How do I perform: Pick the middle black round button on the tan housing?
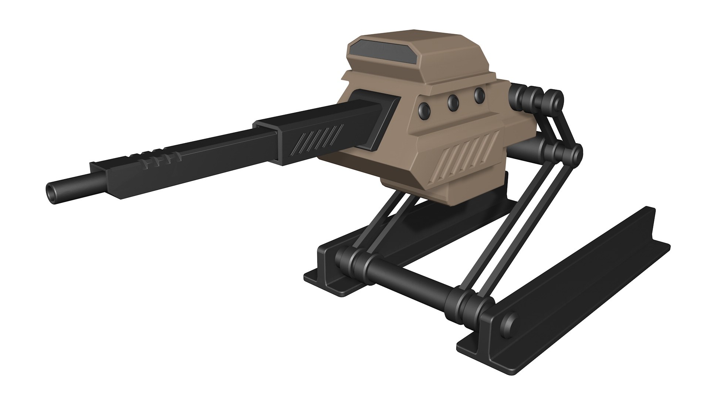453,102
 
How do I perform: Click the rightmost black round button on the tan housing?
480,95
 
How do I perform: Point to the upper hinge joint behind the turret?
536,98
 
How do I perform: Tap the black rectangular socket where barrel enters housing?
373,118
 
